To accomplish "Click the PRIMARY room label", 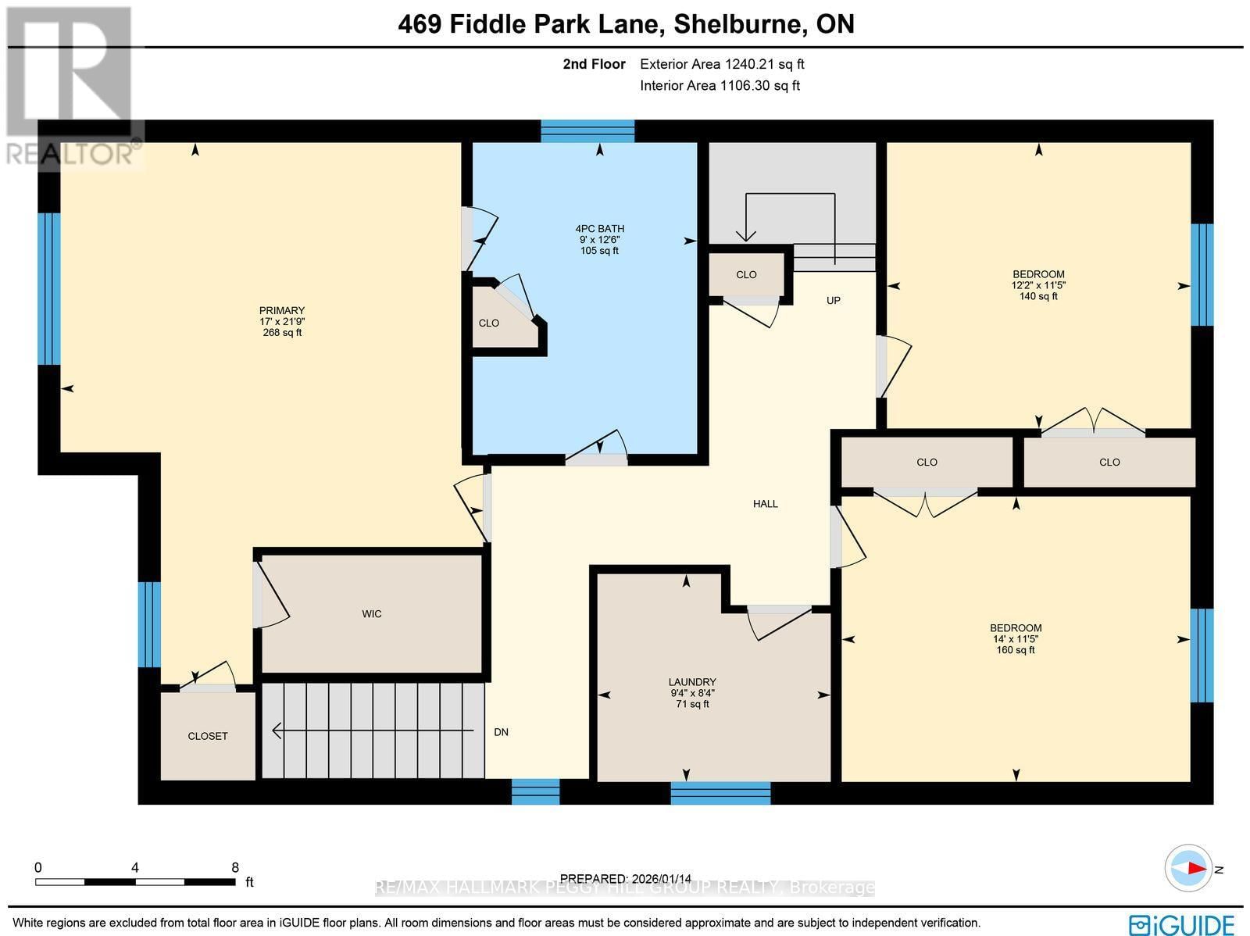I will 282,311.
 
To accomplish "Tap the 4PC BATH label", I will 599,229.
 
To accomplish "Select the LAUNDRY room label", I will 691,682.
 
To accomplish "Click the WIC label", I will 372,614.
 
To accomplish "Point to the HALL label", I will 765,504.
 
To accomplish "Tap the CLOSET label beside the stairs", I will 208,736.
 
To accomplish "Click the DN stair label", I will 501,732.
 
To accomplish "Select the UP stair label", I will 834,301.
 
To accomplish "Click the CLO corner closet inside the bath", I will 489,323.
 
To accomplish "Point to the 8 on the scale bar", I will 235,867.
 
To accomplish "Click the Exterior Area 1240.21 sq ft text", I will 722,65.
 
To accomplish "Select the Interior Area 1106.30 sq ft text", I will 720,86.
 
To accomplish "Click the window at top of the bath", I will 587,130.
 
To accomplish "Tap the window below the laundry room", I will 720,793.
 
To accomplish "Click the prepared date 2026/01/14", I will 626,879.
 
